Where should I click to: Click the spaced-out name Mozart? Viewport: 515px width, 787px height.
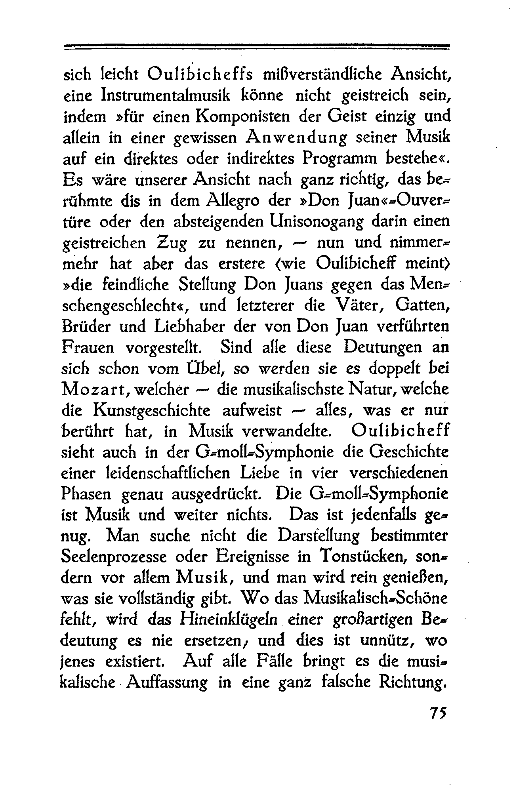coord(93,390)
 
